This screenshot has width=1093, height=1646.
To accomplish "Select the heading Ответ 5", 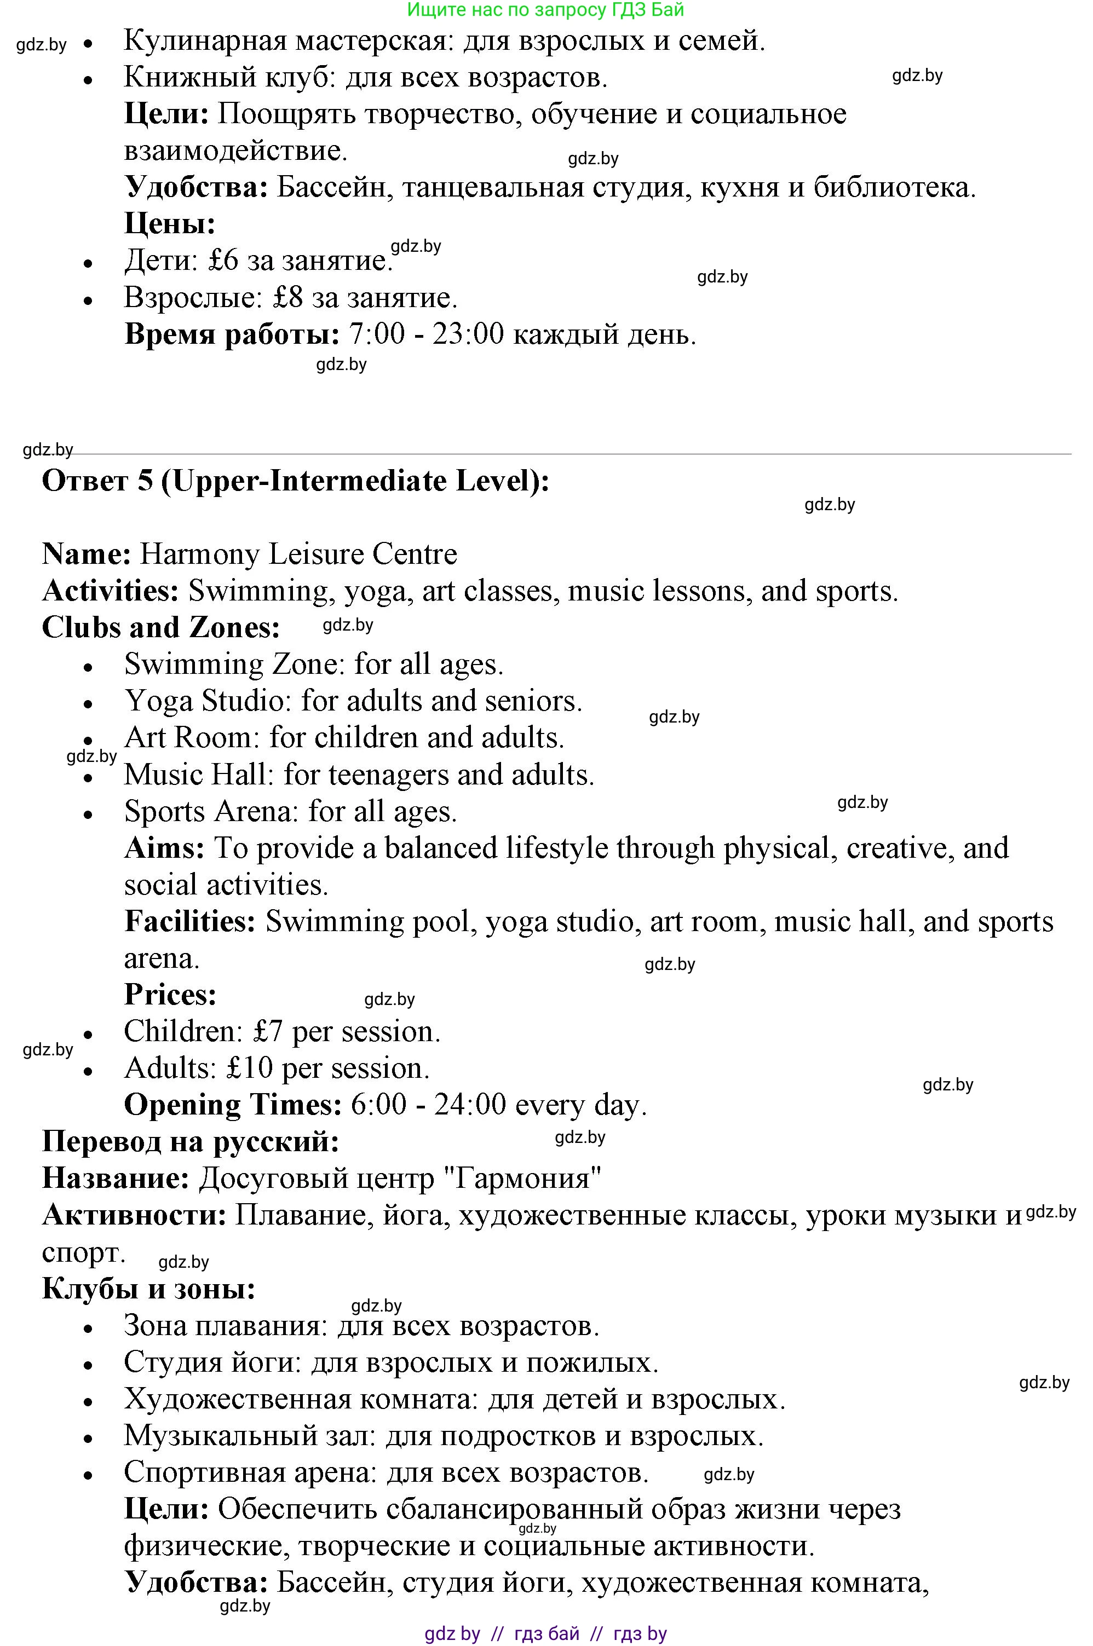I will click(x=97, y=481).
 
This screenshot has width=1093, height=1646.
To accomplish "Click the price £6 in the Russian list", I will click(x=223, y=261).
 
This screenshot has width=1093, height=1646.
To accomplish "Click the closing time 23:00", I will click(x=468, y=334).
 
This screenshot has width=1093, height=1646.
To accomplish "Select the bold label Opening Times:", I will click(x=233, y=1105).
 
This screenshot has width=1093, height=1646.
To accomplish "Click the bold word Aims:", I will click(x=164, y=848).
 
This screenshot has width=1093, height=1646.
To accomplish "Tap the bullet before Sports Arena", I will click(x=88, y=815).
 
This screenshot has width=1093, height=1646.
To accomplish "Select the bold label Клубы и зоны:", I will click(x=148, y=1289).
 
